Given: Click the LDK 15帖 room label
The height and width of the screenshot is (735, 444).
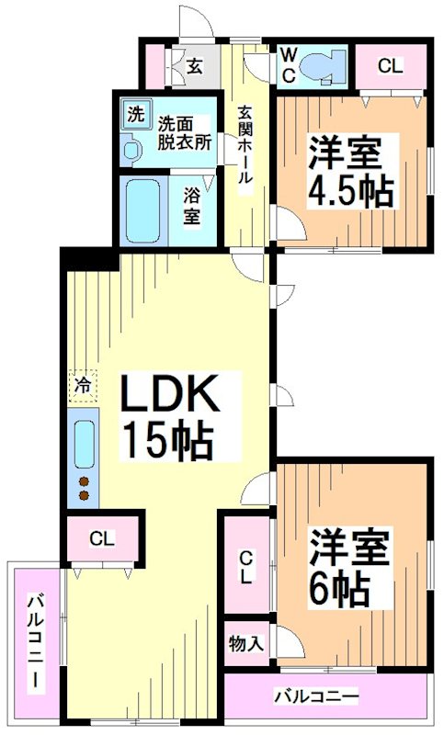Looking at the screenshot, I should point(169,418).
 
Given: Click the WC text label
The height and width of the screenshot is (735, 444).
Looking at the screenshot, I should point(288,66).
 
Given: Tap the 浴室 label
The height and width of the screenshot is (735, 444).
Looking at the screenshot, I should point(191,207).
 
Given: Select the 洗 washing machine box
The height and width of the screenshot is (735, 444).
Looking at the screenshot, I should point(136,115).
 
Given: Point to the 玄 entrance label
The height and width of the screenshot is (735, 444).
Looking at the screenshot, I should point(195,65).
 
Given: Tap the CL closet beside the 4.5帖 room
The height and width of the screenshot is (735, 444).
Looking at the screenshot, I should point(390,66).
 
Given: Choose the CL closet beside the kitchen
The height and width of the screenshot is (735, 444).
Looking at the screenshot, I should point(102,539).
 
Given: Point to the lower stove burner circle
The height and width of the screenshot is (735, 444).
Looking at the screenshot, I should point(84,496).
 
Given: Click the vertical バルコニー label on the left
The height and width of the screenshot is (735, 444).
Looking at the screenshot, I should point(34,644).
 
